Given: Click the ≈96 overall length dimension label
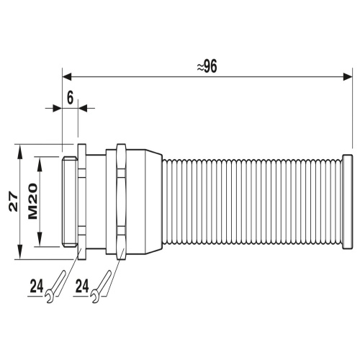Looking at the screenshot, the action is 207,66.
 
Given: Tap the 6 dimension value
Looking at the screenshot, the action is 70,98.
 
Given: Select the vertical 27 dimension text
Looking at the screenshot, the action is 14,202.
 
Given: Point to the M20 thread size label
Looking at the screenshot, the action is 33,201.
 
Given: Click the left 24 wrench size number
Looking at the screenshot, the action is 37,286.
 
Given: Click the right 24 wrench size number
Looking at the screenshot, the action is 82,286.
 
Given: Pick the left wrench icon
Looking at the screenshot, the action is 55,287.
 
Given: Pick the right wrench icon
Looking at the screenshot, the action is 101,287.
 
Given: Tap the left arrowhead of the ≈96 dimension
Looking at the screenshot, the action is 67,77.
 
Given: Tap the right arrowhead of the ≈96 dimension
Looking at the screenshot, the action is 348,77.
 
